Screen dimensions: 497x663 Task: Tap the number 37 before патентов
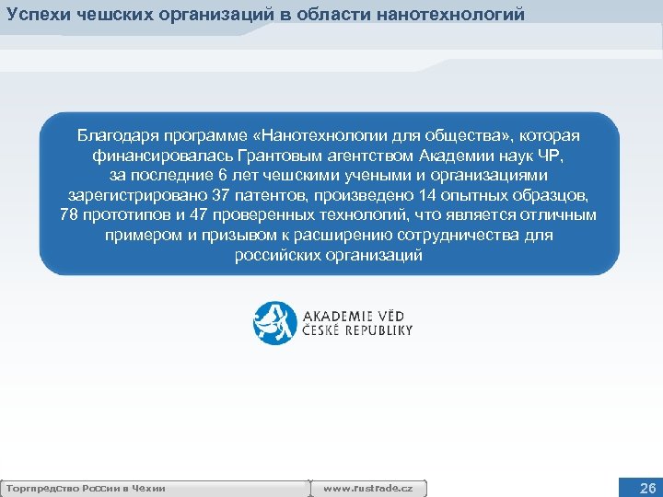point(222,195)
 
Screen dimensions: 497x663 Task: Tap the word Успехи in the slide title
point(36,14)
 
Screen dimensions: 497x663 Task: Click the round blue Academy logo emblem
point(275,322)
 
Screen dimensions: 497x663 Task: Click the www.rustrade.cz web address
point(369,488)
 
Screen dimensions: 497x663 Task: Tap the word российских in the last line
point(276,256)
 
